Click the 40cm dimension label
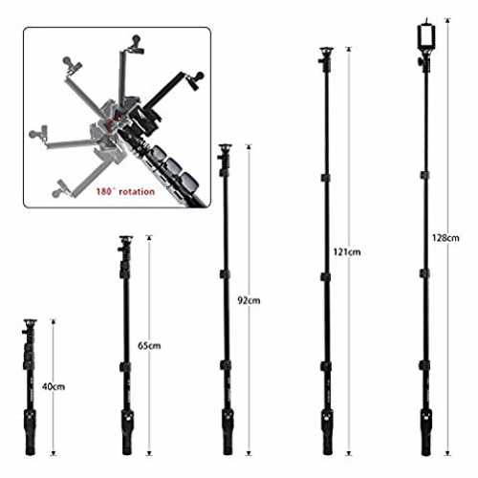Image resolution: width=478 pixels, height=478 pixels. tap(54, 386)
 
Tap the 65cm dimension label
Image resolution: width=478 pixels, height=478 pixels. tap(149, 345)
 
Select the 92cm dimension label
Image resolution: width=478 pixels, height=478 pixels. tap(249, 300)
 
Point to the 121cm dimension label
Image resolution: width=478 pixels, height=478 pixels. tap(347, 252)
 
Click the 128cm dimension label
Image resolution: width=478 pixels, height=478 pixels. tap(445, 238)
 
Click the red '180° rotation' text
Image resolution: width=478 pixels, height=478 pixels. tap(125, 191)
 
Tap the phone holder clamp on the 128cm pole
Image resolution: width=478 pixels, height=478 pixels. tap(426, 36)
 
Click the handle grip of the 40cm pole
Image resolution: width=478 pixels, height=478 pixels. tap(30, 432)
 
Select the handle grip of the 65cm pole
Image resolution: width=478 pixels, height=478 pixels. tap(127, 432)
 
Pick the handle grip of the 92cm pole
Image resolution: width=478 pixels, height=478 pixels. tap(228, 432)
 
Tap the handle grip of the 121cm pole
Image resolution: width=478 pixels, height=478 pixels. tap(327, 432)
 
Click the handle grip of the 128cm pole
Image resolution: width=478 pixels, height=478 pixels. tap(425, 432)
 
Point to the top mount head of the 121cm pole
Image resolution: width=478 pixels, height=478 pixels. tap(326, 59)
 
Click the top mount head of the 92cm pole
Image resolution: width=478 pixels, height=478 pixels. tap(226, 159)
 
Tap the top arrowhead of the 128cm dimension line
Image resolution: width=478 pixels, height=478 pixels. tap(447, 20)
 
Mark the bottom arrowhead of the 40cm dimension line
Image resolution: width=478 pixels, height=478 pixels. tap(54, 453)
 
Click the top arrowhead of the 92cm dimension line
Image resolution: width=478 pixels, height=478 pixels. tap(249, 146)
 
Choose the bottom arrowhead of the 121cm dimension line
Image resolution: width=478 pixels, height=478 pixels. tap(349, 453)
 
